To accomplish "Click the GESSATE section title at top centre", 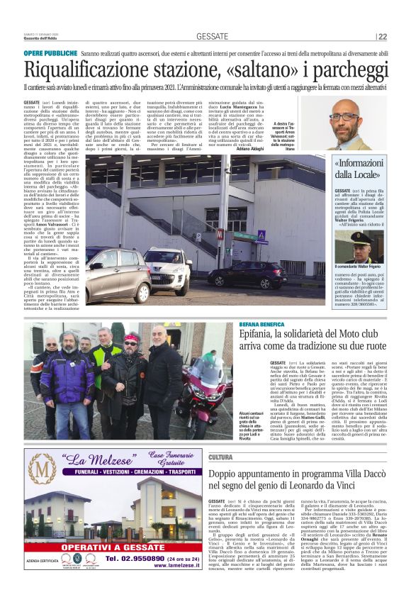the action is point(213,36).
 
